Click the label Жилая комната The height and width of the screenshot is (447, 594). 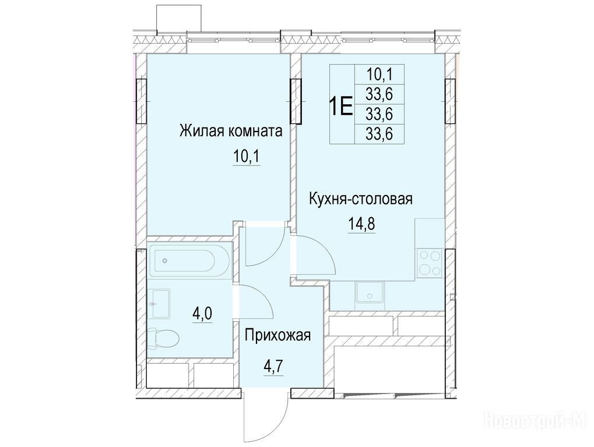click(231, 131)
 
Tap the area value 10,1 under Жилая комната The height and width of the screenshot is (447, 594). click(246, 157)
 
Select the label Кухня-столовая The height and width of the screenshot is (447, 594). click(361, 199)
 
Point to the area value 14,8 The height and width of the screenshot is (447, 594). click(361, 224)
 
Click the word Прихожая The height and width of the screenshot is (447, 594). click(277, 335)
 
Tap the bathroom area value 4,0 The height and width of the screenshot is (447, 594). click(203, 314)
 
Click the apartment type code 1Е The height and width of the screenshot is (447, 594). click(341, 104)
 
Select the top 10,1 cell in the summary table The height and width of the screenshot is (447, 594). click(379, 74)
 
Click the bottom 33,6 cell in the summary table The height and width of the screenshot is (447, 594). click(379, 133)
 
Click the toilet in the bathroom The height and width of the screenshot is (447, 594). click(164, 338)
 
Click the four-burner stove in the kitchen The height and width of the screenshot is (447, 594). click(430, 262)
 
